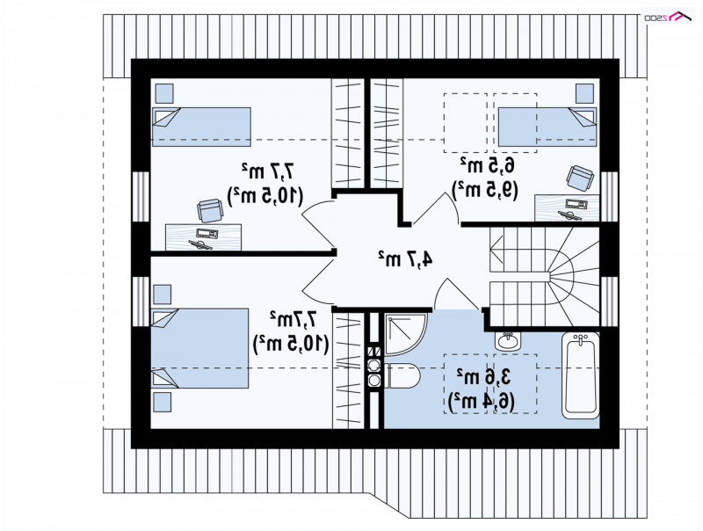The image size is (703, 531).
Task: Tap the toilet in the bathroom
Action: tap(402, 375)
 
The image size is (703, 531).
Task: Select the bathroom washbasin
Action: tap(508, 341)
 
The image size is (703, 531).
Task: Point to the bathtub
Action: tap(581, 375)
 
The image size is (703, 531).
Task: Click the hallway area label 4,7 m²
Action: tap(406, 258)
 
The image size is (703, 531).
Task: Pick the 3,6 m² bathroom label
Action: tap(483, 375)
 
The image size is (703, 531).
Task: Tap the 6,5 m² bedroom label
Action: tap(487, 165)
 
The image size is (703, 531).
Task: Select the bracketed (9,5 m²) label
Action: tap(485, 190)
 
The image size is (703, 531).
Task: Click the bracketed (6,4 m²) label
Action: tap(481, 401)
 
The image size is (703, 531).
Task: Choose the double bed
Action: tap(200, 348)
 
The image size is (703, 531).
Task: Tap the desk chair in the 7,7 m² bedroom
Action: tap(210, 211)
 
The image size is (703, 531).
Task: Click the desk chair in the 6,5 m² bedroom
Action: tap(581, 178)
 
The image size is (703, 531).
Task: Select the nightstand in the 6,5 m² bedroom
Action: tap(584, 93)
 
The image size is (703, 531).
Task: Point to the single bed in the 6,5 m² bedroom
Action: tap(547, 127)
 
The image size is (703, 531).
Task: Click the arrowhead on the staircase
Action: tap(496, 249)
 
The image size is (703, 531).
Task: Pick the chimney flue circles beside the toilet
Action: tap(374, 366)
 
